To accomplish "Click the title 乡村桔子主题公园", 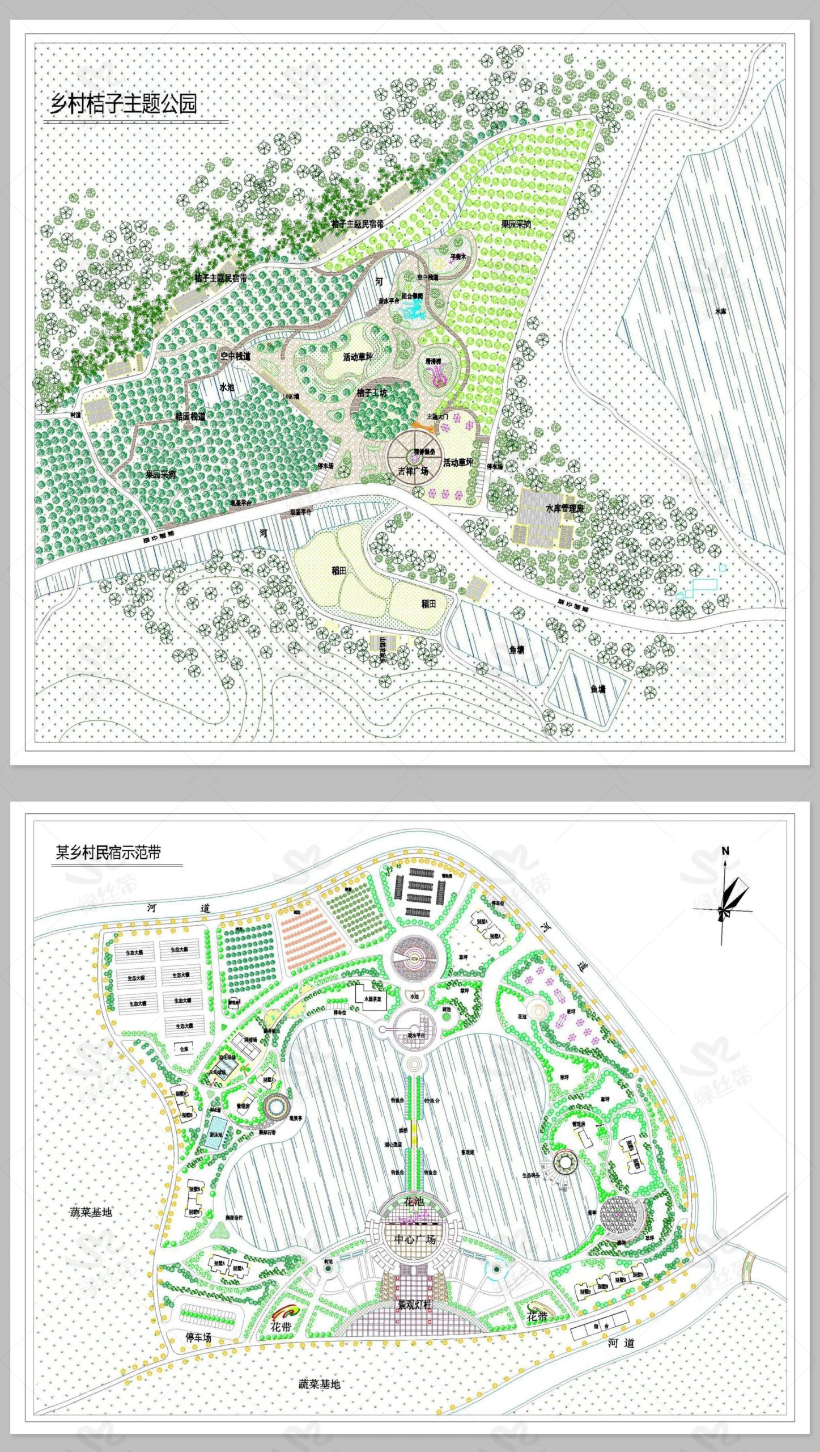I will [124, 104].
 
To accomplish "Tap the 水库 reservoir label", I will [720, 311].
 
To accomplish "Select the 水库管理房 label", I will [564, 508].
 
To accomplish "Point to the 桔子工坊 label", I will [372, 392].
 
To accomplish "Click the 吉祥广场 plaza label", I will [413, 471].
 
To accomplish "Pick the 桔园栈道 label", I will [190, 416].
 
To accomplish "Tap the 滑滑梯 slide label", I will [434, 361].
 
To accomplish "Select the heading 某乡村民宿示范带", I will [108, 852].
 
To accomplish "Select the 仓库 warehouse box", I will [184, 1049].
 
